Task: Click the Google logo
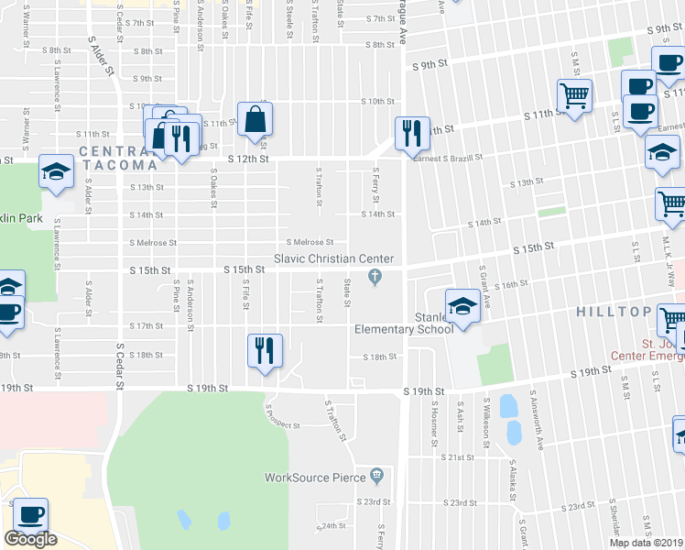pyautogui.click(x=30, y=539)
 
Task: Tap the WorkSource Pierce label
pyautogui.click(x=315, y=478)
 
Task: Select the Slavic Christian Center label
pyautogui.click(x=333, y=258)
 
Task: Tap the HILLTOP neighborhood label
pyautogui.click(x=613, y=312)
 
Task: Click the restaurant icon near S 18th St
pyautogui.click(x=265, y=350)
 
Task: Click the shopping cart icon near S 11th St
pyautogui.click(x=574, y=95)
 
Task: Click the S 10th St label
pyautogui.click(x=376, y=101)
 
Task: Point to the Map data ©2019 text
pyautogui.click(x=645, y=543)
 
